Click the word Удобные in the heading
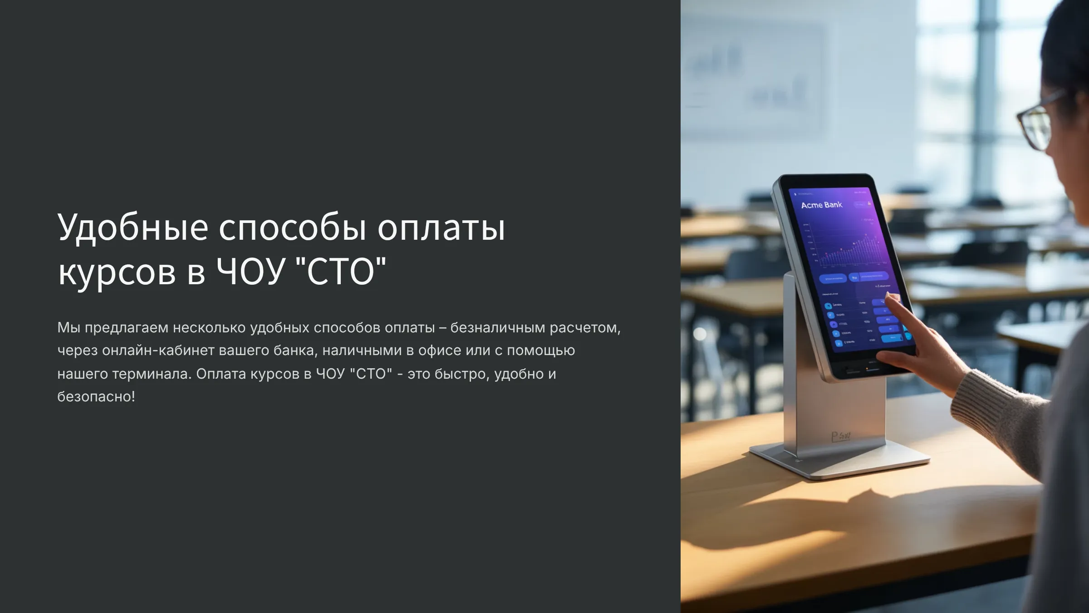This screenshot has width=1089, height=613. (132, 227)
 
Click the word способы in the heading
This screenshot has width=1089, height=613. (292, 227)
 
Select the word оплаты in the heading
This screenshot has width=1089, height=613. (441, 227)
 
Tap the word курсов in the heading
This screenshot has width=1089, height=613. (117, 272)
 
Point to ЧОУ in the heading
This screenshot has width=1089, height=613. (250, 272)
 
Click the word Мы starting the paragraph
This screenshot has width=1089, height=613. (69, 327)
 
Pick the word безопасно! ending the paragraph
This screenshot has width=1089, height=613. (96, 396)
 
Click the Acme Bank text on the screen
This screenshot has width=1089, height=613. (821, 205)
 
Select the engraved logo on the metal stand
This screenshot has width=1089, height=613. (841, 436)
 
